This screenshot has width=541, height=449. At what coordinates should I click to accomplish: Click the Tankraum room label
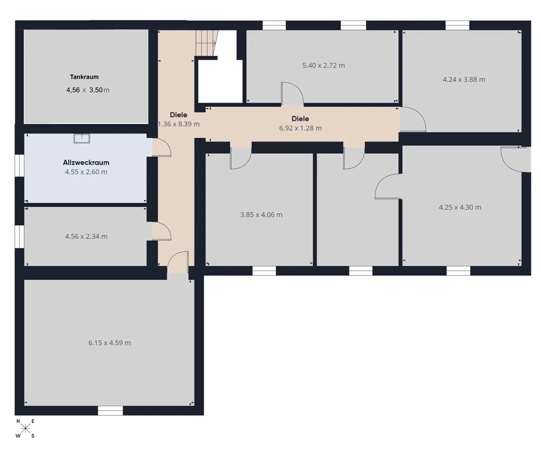(x=84, y=77)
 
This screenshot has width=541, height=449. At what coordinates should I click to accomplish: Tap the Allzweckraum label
(x=86, y=162)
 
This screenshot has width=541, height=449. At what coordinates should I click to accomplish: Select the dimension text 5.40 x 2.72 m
(x=324, y=65)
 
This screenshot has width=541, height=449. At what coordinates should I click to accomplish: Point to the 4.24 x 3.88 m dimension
(x=464, y=79)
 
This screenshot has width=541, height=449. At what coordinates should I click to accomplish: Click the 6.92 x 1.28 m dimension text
(x=300, y=128)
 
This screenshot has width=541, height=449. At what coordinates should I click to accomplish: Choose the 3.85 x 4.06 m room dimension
(x=261, y=215)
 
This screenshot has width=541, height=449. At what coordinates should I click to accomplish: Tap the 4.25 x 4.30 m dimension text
(x=460, y=207)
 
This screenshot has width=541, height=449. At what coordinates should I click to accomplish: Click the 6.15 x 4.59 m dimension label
(x=110, y=343)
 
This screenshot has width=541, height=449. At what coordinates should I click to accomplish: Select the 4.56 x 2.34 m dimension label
(x=86, y=236)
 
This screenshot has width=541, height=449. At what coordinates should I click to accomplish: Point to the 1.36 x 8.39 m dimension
(x=179, y=124)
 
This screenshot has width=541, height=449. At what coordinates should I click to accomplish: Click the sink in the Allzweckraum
(x=82, y=138)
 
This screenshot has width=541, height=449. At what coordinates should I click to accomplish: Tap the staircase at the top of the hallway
(x=206, y=43)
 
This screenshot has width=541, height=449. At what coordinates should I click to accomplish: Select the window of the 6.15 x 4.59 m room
(x=110, y=411)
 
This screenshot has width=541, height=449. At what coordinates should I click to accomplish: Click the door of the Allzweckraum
(x=161, y=148)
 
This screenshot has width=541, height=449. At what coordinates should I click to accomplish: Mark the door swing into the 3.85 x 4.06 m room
(x=241, y=158)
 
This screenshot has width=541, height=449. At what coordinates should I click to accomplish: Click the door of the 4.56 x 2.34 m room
(x=161, y=231)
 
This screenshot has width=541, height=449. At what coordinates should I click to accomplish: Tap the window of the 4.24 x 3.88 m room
(x=457, y=25)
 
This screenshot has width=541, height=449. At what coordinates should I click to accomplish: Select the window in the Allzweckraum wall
(x=19, y=165)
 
